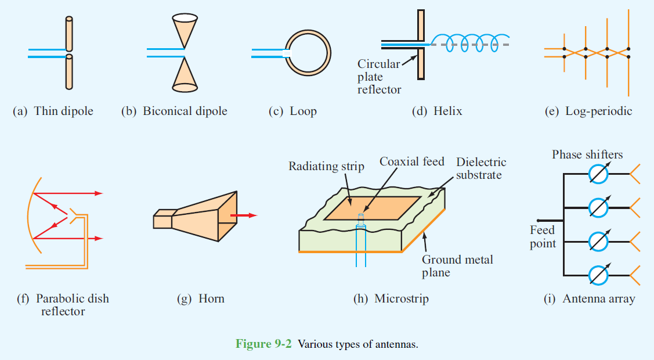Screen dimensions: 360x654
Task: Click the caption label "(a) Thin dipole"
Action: (53, 111)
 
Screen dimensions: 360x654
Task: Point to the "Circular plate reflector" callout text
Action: (379, 77)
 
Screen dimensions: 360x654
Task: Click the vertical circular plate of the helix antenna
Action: (421, 47)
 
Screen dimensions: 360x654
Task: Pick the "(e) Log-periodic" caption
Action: (588, 111)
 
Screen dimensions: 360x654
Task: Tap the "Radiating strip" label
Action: (326, 167)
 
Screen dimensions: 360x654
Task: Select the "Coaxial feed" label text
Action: (412, 161)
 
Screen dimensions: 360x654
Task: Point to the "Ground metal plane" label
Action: (457, 265)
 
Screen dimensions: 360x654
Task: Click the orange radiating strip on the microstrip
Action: (371, 208)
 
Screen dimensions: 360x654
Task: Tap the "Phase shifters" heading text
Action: (587, 154)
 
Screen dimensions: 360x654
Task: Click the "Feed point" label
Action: (543, 237)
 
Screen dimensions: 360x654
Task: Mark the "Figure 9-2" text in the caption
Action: (264, 344)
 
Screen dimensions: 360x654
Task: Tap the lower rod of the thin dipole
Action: (69, 72)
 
